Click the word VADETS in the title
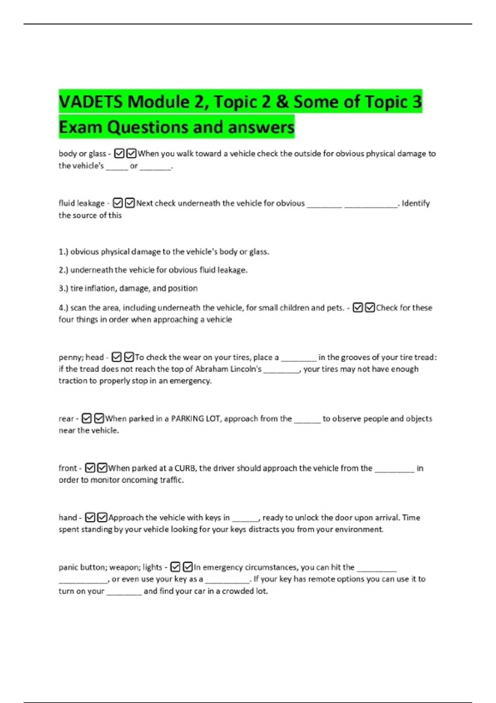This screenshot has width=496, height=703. [x=91, y=102]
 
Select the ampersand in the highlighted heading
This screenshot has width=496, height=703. [x=282, y=102]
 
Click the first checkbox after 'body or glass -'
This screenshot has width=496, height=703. [x=119, y=153]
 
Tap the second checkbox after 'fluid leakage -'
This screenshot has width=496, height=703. [x=130, y=203]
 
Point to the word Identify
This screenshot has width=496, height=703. [x=415, y=203]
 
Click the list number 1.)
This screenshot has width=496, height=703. [x=63, y=251]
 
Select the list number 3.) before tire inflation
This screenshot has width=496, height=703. [x=63, y=288]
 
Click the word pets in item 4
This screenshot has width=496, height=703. [x=335, y=308]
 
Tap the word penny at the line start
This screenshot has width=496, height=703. [x=70, y=357]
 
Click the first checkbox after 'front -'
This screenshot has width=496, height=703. [x=90, y=468]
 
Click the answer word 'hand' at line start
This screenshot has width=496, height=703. [x=68, y=518]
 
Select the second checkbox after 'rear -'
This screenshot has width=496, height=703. [x=99, y=418]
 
